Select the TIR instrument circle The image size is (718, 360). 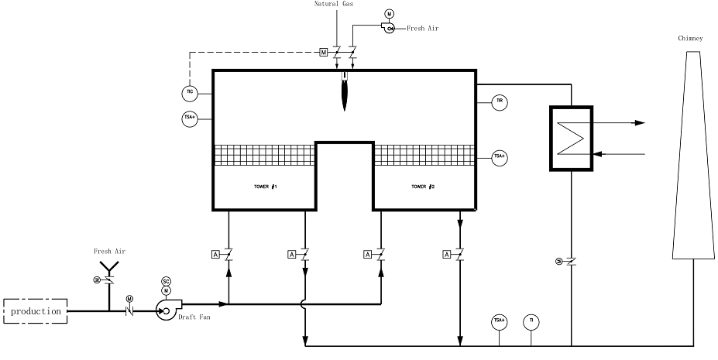point(500,101)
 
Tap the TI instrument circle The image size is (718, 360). point(530,320)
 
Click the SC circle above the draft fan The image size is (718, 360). point(166,281)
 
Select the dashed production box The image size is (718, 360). point(36,310)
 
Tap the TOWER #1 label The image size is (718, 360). point(265,187)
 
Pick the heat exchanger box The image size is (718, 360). point(571,138)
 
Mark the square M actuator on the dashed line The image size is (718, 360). point(324,53)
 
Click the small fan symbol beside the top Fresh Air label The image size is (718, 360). point(390,28)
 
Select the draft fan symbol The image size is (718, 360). point(166,310)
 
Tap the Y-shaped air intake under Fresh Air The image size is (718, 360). point(108,267)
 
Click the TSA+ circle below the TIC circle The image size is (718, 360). point(190,118)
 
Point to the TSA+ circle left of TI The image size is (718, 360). point(500,320)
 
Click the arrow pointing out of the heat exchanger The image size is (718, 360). point(640,122)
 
